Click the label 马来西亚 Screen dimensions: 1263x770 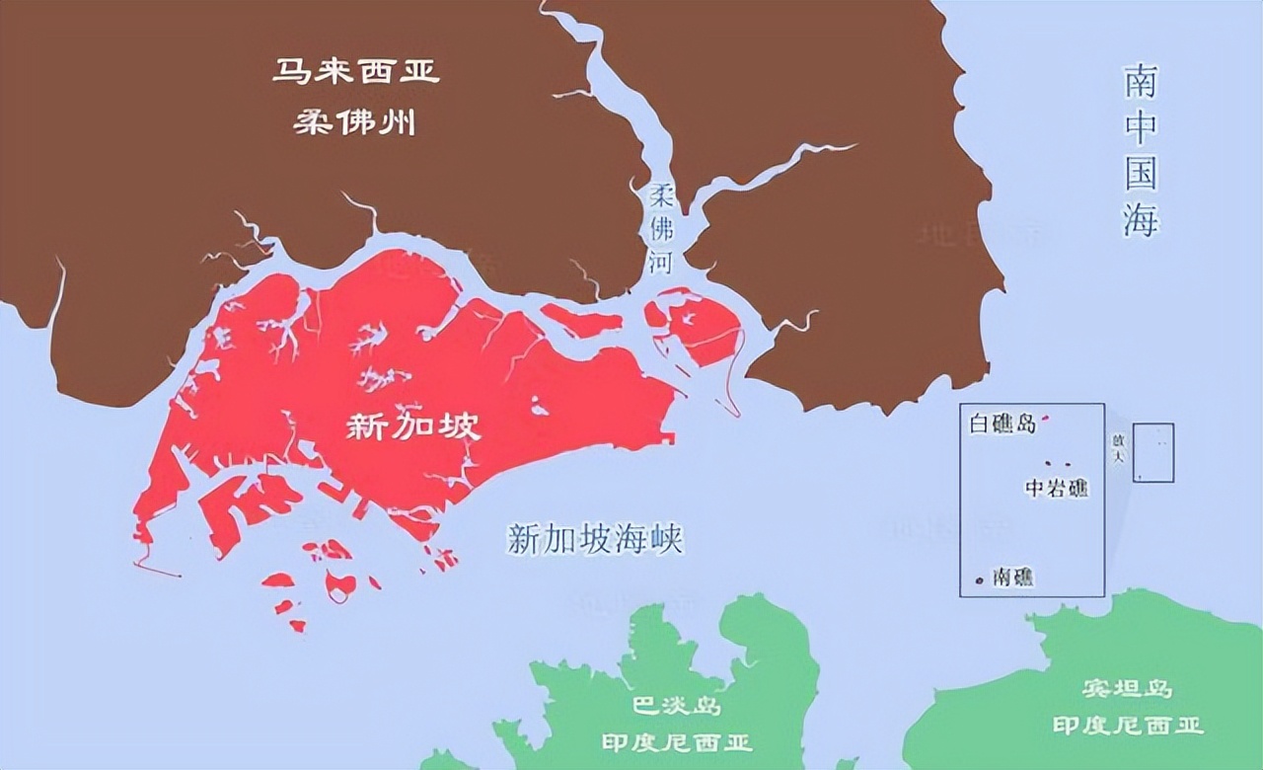[x=355, y=72]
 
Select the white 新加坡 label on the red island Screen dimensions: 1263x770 [x=414, y=426]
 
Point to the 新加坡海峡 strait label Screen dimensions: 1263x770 [x=595, y=539]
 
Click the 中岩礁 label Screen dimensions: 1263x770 [x=1057, y=488]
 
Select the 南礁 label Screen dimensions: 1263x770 [x=1013, y=577]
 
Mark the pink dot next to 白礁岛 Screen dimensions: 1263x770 [x=1046, y=419]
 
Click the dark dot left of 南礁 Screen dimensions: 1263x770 [x=979, y=578]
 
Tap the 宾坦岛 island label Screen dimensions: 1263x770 [x=1127, y=689]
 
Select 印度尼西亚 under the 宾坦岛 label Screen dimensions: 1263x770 [x=1127, y=726]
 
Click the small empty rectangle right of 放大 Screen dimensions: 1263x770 [x=1153, y=452]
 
